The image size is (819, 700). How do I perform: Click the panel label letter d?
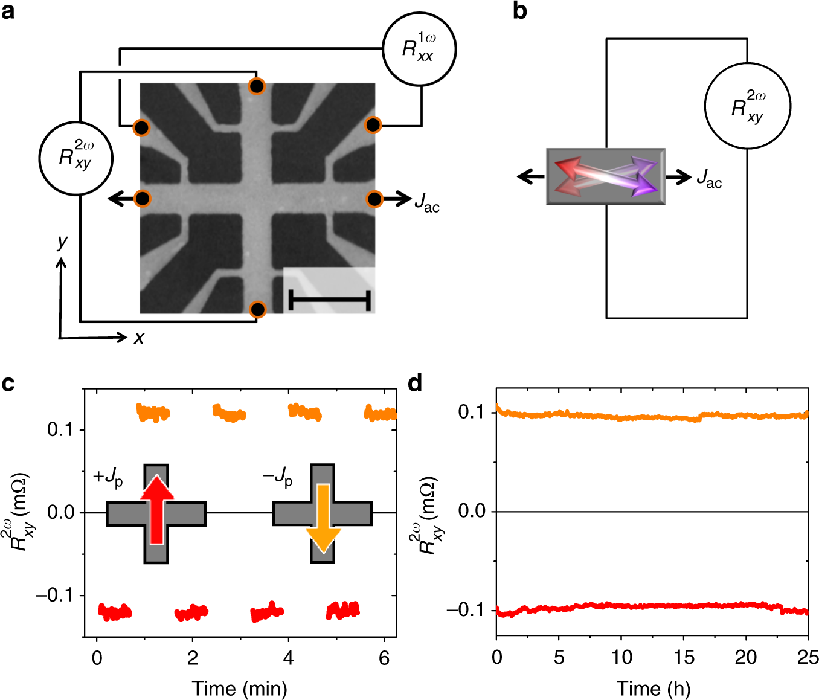point(416,383)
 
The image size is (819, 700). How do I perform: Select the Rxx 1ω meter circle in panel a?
point(419,49)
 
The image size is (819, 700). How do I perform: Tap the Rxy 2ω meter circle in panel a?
point(75,158)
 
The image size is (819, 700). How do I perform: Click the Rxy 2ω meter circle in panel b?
point(748,106)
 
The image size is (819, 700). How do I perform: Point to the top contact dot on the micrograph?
point(257,86)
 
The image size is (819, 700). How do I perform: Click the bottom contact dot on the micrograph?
point(258,310)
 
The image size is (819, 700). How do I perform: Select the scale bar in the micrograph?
point(329,300)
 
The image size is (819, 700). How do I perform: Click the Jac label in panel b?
point(709,178)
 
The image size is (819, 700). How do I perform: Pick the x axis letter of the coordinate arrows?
point(140,338)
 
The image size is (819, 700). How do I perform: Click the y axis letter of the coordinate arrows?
point(62,243)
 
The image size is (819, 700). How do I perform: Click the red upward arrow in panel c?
point(156,509)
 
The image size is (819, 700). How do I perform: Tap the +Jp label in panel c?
point(108,477)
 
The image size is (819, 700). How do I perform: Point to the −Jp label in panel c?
point(277,477)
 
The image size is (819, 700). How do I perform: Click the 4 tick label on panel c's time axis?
point(288,658)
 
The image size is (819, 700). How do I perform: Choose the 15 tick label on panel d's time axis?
point(684,657)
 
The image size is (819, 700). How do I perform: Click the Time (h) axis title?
point(653,688)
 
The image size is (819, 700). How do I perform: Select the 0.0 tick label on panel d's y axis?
point(472,511)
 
